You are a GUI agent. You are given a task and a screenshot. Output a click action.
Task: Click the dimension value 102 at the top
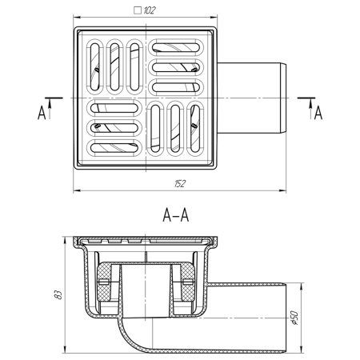151,11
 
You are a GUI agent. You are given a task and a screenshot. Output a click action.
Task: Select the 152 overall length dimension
180,183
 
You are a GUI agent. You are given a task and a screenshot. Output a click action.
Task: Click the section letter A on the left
41,112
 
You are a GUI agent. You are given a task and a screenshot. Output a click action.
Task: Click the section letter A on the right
318,112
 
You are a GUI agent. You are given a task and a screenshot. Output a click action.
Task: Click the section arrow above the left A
52,98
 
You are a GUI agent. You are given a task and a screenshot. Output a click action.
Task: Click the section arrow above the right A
307,98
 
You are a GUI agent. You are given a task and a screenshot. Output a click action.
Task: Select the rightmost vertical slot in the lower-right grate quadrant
194,127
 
